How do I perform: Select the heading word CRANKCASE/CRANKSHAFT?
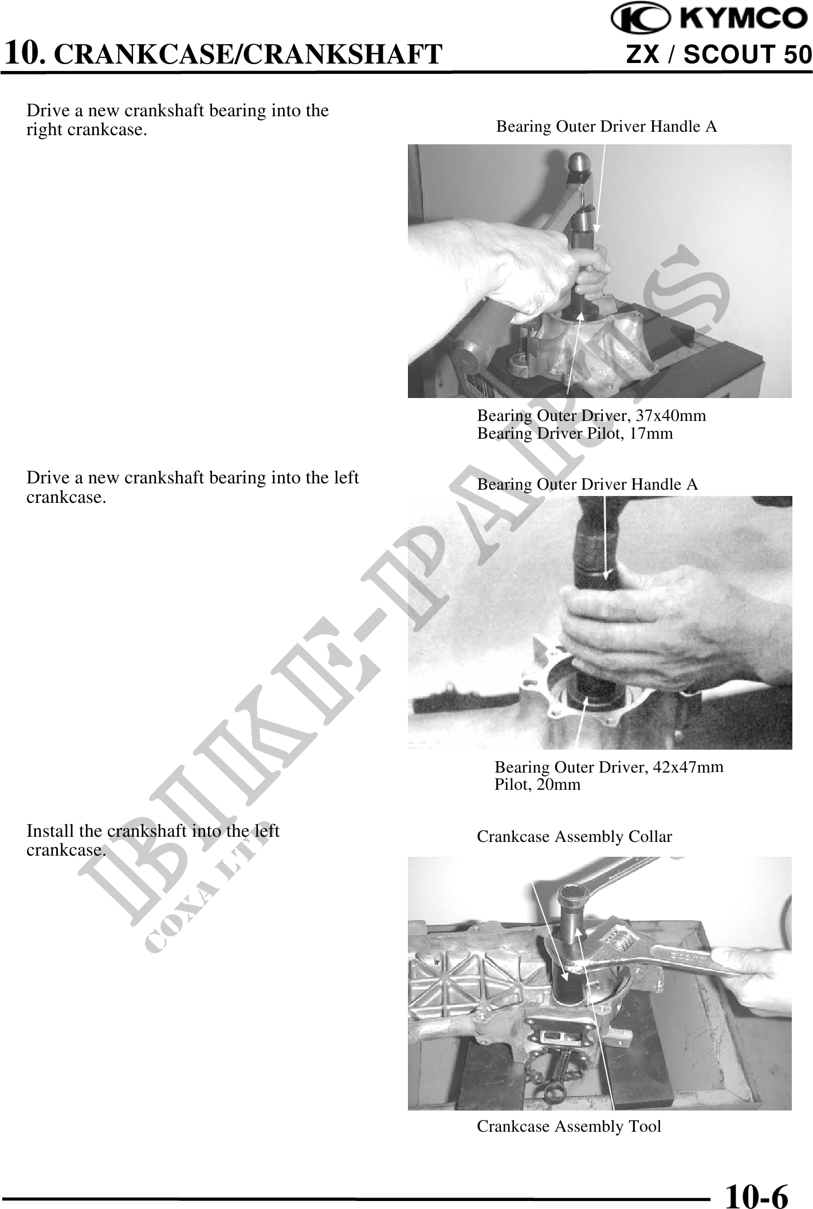[x=251, y=54]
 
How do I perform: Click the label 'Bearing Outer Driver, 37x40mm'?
[x=591, y=415]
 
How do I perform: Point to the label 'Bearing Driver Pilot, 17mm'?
[x=575, y=434]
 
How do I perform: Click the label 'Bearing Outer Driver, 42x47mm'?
[x=609, y=767]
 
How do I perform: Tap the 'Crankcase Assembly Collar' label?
[x=574, y=837]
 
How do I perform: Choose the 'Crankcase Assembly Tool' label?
[x=569, y=1127]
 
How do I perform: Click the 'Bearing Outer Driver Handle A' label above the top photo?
[x=606, y=126]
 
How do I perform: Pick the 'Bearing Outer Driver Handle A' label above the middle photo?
[x=587, y=485]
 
